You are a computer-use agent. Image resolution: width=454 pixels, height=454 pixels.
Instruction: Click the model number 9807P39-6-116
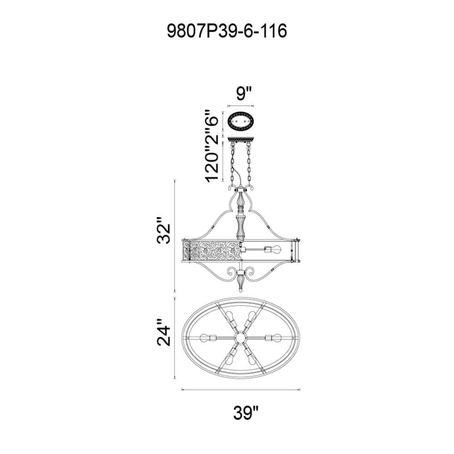tap(227, 31)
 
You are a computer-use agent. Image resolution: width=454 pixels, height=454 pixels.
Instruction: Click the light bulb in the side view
tap(273, 249)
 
